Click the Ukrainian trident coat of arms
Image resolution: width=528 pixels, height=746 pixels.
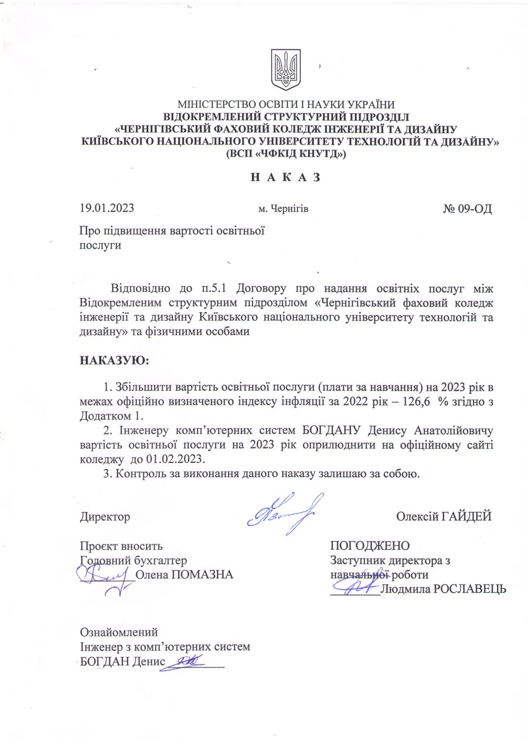(285, 69)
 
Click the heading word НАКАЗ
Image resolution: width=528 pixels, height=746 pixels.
(285, 178)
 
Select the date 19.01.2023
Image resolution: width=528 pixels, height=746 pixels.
(107, 208)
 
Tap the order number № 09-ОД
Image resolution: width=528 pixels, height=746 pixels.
(467, 208)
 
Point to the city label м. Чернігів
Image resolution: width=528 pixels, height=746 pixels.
(283, 208)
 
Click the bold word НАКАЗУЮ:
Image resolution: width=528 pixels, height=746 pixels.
(114, 360)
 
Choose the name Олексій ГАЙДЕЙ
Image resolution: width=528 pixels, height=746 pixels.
(444, 516)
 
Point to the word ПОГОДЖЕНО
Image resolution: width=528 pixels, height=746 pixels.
(369, 546)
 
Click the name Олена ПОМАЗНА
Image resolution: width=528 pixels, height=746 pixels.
(184, 574)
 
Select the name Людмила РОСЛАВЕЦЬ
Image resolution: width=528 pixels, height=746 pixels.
(443, 589)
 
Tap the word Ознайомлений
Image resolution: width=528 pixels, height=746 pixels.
(119, 632)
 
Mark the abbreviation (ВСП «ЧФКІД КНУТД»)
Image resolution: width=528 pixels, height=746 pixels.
(286, 154)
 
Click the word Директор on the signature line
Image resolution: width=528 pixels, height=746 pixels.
(105, 517)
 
